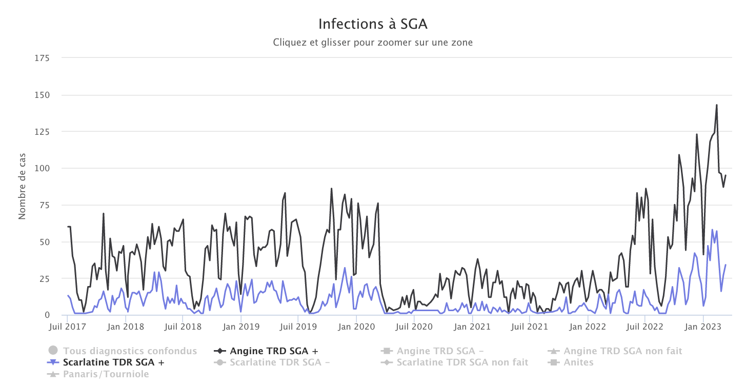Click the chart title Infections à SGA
click(373, 24)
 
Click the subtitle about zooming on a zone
click(373, 43)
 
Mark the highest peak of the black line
click(716, 105)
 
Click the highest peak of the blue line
click(712, 230)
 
